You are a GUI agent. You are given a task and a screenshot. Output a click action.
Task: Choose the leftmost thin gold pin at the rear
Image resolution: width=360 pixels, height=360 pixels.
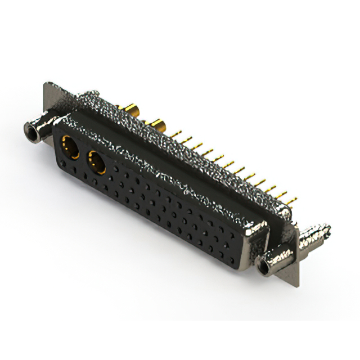pos(179,133)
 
